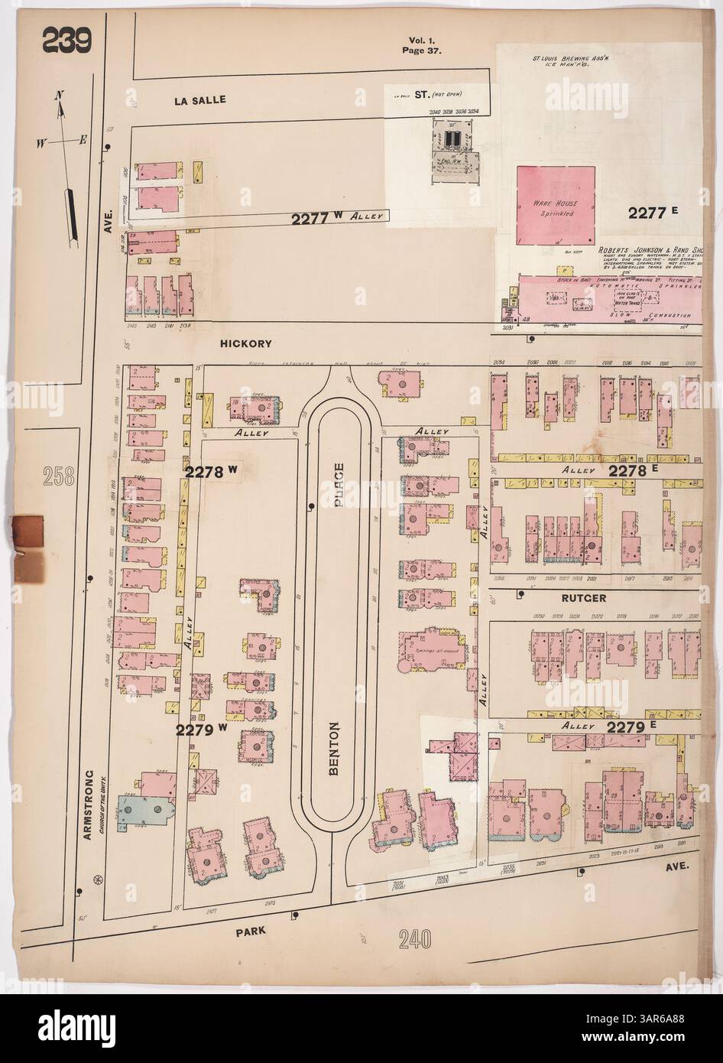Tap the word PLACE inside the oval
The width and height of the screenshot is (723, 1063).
pos(338,488)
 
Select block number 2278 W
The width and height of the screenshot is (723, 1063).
pos(212,473)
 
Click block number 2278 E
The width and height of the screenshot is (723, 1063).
pos(634,473)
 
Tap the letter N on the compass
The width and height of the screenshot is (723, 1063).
pos(59,97)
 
